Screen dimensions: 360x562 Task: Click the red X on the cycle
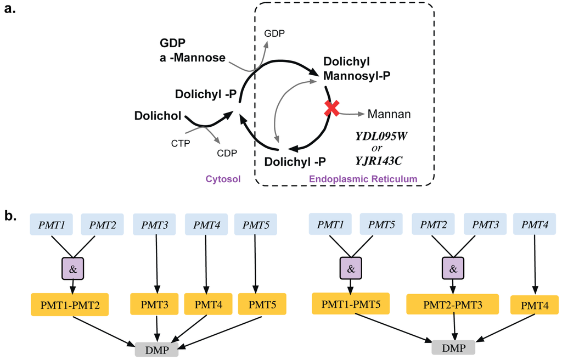[x=331, y=109]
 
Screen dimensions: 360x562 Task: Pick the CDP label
[x=227, y=153]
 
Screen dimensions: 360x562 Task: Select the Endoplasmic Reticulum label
[x=363, y=179]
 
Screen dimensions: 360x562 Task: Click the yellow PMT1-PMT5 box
[x=351, y=303]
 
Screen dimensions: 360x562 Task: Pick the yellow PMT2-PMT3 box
[x=452, y=303]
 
